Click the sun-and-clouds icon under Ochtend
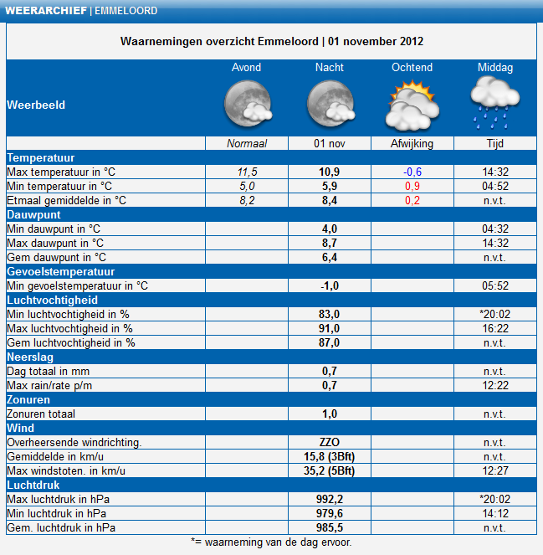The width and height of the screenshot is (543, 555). click(x=412, y=105)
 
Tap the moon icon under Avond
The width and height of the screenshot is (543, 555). click(x=248, y=103)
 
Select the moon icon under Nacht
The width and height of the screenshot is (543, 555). click(x=330, y=103)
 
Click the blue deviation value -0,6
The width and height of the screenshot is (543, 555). click(x=412, y=172)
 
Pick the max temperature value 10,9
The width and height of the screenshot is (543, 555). click(x=330, y=172)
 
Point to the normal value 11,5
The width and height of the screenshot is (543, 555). click(x=248, y=172)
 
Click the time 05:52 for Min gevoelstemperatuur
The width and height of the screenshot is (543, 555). click(x=495, y=286)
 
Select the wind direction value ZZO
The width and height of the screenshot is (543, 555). click(x=330, y=443)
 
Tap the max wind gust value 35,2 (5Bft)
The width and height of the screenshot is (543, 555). click(x=330, y=470)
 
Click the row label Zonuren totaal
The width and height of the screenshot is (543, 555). click(x=41, y=414)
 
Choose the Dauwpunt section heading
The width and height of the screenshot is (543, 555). click(x=34, y=215)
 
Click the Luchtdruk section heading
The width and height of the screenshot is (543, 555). click(x=33, y=485)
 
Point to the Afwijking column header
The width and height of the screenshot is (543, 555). click(x=412, y=144)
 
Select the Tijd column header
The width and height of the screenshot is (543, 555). click(x=495, y=144)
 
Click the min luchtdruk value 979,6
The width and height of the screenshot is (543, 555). click(x=330, y=514)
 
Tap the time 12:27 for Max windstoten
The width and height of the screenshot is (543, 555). click(x=495, y=470)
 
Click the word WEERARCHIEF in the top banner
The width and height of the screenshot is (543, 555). click(x=46, y=11)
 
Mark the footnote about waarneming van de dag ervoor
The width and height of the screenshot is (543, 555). click(x=271, y=542)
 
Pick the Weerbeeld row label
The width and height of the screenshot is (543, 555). click(x=36, y=105)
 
